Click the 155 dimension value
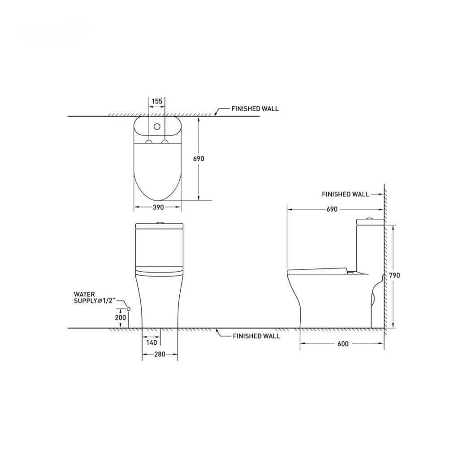(157, 101)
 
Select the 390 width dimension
(158, 207)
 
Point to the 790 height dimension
(394, 276)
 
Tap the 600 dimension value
(343, 344)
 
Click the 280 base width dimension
(160, 354)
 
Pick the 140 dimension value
(152, 342)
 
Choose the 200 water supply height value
(120, 317)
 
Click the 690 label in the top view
(199, 159)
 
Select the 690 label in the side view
(332, 209)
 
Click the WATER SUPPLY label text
(95, 298)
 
